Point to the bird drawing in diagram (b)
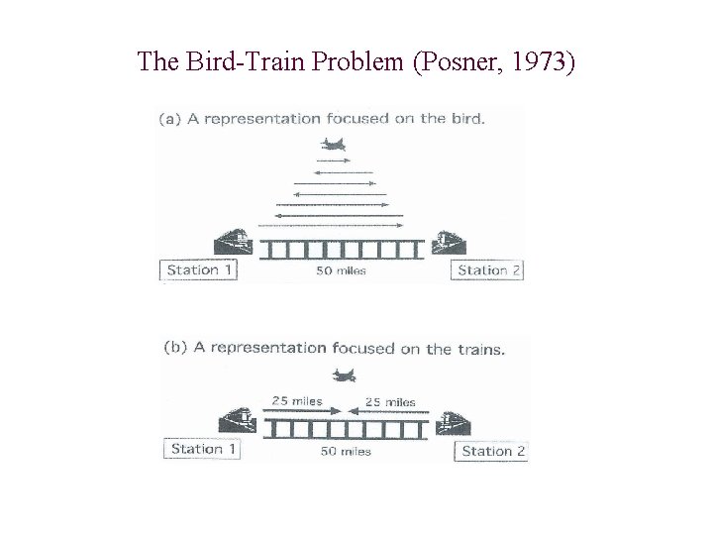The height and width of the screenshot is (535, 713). pyautogui.click(x=344, y=374)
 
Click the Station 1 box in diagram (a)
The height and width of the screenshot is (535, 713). pyautogui.click(x=200, y=269)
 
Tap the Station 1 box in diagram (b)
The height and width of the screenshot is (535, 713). pyautogui.click(x=203, y=449)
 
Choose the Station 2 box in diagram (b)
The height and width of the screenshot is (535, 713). pyautogui.click(x=493, y=451)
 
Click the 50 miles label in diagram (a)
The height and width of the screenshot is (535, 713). pyautogui.click(x=341, y=270)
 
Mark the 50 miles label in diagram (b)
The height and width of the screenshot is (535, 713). pyautogui.click(x=346, y=451)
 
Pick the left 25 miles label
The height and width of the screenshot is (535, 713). pyautogui.click(x=297, y=401)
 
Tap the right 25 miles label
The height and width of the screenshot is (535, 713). pyautogui.click(x=390, y=401)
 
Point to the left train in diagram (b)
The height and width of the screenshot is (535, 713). pyautogui.click(x=238, y=421)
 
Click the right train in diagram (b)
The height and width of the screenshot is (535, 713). pyautogui.click(x=453, y=423)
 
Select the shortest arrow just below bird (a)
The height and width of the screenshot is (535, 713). pyautogui.click(x=334, y=160)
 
